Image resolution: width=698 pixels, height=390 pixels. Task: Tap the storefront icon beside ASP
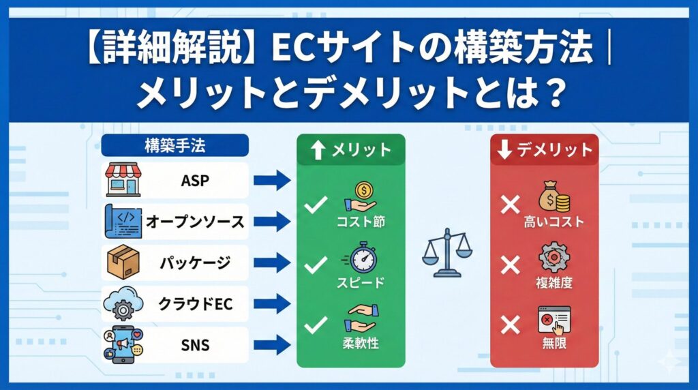click(123, 181)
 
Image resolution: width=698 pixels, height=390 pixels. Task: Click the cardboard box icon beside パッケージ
click(123, 262)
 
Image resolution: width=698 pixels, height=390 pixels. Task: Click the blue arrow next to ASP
click(272, 181)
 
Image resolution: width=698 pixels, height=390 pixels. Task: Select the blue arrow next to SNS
click(272, 345)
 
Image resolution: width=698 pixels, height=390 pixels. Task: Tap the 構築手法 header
click(174, 145)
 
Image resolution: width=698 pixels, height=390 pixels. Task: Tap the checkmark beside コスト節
click(316, 205)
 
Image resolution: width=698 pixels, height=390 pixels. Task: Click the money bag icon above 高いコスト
click(553, 196)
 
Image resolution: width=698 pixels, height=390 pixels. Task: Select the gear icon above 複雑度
click(553, 258)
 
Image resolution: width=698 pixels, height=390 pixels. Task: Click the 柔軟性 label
click(361, 344)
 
